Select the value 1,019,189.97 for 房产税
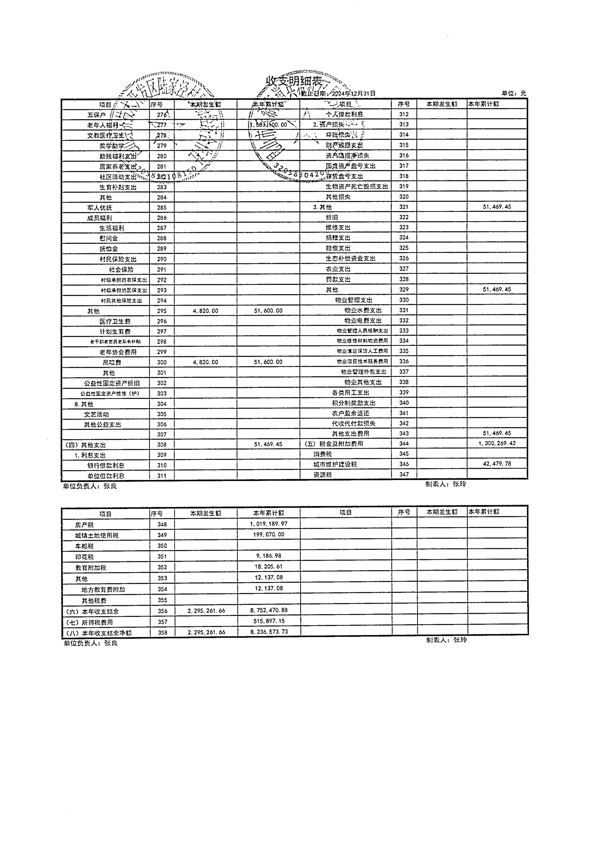point(269,524)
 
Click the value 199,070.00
point(269,535)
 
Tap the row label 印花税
point(84,557)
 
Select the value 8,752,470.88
point(269,610)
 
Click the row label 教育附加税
point(91,568)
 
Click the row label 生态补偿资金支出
point(351,258)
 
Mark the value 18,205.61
point(269,567)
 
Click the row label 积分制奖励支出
point(354,403)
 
